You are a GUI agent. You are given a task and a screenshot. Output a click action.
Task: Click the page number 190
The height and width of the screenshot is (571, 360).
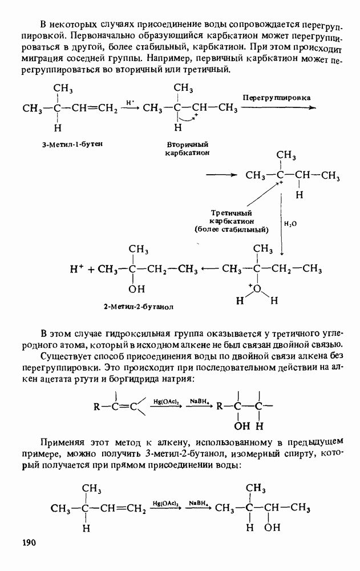point(29,541)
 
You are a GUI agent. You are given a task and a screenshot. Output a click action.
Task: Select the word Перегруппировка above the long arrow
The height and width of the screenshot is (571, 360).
point(277,98)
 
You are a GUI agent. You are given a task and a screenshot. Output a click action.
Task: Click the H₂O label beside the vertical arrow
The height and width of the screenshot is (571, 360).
point(290,224)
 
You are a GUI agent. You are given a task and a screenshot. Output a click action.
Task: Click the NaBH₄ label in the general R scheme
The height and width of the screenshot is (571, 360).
point(197,402)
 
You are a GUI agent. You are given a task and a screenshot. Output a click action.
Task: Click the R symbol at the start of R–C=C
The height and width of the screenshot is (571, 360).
point(97,407)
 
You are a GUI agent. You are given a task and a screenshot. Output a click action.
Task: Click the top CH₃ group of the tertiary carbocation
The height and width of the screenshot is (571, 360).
point(285,155)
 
